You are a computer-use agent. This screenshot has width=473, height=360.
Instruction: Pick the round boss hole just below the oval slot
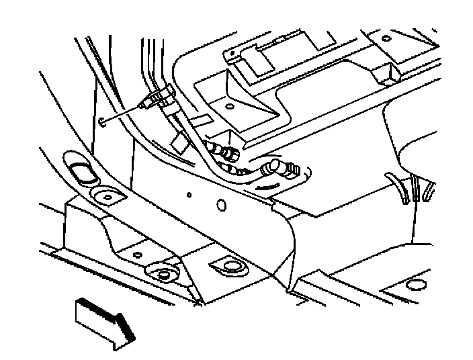[105, 197]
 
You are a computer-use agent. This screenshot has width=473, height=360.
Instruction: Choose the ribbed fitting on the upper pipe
[227, 154]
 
